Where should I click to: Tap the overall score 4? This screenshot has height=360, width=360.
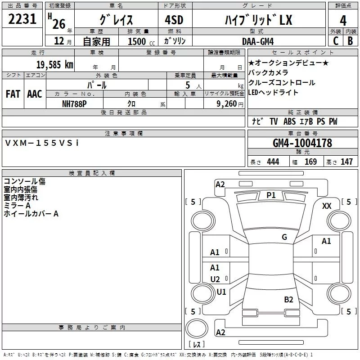pyautogui.click(x=343, y=20)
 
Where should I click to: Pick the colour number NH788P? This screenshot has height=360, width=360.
pyautogui.click(x=75, y=103)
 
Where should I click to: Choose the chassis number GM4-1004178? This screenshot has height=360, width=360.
pyautogui.click(x=302, y=143)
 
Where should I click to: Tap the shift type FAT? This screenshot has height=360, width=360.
pyautogui.click(x=13, y=94)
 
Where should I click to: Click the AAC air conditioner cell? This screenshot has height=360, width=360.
pyautogui.click(x=35, y=94)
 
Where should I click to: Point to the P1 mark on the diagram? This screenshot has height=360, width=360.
pyautogui.click(x=271, y=195)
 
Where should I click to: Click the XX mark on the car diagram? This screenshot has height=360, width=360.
pyautogui.click(x=327, y=206)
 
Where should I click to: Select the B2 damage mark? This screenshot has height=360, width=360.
pyautogui.click(x=288, y=300)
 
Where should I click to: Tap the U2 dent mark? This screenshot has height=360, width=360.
pyautogui.click(x=215, y=279)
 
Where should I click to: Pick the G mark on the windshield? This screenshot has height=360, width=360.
pyautogui.click(x=284, y=237)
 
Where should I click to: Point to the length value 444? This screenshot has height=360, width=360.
pyautogui.click(x=273, y=162)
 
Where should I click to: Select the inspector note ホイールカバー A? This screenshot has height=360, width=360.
pyautogui.click(x=31, y=214)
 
